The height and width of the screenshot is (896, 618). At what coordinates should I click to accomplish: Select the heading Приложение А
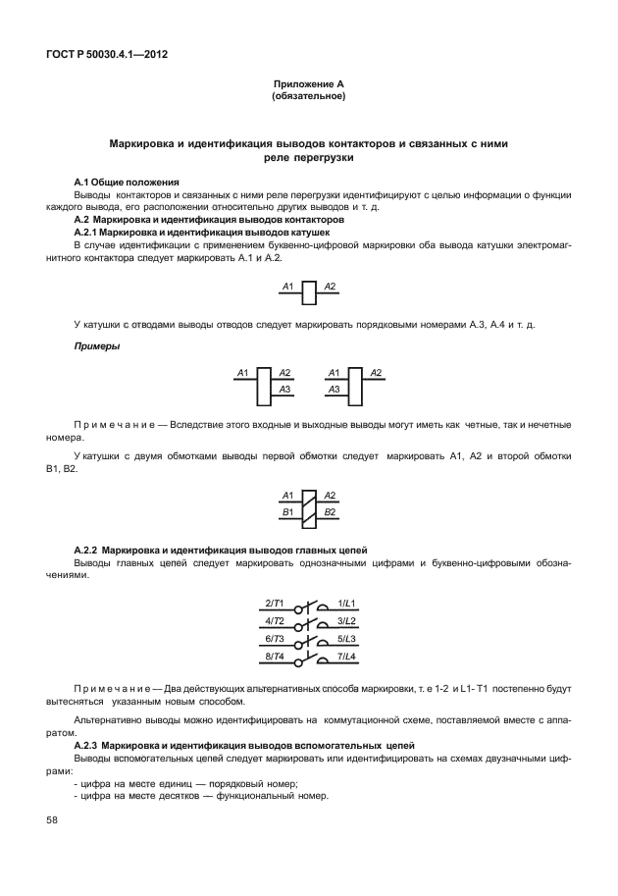point(308,85)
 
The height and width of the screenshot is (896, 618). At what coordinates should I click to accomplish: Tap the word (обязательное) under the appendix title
point(308,97)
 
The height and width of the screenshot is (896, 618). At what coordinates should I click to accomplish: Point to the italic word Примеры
point(95,347)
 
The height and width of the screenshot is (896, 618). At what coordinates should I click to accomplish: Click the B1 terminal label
point(287,512)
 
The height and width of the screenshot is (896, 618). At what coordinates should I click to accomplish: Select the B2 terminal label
point(331,512)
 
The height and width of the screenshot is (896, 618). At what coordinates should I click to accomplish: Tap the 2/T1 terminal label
point(275,602)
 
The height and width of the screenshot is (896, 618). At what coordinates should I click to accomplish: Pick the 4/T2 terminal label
point(275,620)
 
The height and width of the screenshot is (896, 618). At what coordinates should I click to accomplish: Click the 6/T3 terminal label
point(275,638)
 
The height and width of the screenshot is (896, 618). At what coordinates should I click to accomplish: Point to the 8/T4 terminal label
point(275,656)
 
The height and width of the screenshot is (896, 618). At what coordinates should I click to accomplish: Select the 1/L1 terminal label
point(346,602)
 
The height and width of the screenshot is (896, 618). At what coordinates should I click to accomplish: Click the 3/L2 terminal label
point(346,620)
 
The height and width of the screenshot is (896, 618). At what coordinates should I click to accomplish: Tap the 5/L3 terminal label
point(346,638)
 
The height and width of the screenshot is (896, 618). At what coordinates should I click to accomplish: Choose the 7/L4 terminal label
point(346,656)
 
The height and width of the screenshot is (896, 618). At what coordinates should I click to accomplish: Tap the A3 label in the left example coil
point(284,390)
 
